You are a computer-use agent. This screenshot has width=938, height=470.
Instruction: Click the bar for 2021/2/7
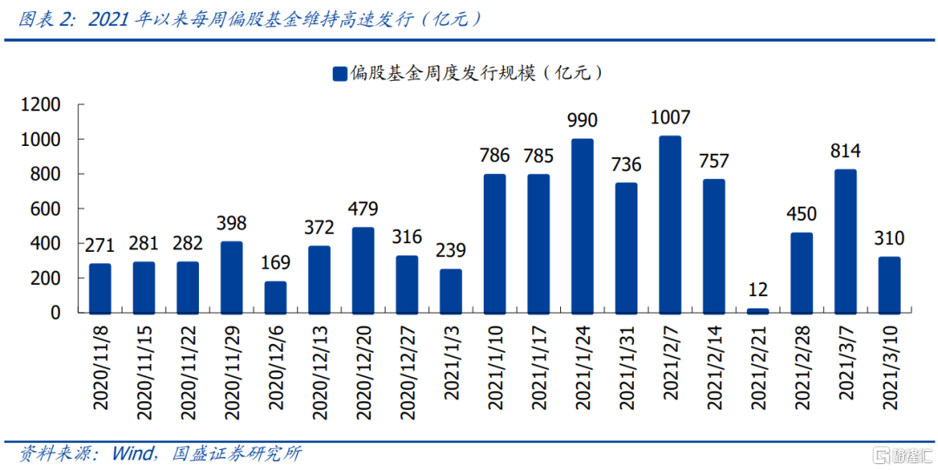pos(670,224)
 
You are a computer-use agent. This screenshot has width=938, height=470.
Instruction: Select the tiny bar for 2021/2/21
pos(757,310)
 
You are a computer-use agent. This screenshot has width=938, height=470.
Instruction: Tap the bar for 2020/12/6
pos(275,296)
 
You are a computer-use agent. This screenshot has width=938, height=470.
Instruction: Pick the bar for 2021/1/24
pos(582,225)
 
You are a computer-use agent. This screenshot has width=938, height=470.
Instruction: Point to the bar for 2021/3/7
pos(845,241)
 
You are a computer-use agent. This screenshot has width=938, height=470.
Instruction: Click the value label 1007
pos(670,118)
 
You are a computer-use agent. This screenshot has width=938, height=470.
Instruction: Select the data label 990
pos(582,121)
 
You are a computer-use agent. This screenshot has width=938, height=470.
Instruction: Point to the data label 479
pos(363,209)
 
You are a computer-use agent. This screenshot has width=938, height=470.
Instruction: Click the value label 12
pos(757,290)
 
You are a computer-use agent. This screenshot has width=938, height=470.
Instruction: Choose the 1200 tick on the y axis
pos(41,105)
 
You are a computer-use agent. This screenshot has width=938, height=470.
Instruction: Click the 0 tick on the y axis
pos(55,313)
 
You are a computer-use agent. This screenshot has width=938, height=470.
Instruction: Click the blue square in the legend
pos(339,74)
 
